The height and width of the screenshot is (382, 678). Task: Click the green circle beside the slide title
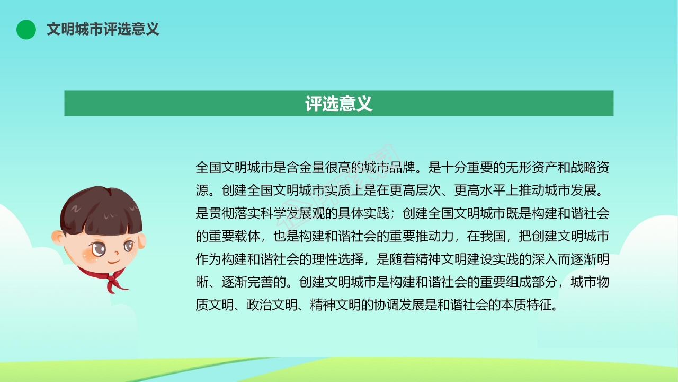[x=26, y=29]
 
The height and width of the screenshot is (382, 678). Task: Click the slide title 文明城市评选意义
[x=103, y=29]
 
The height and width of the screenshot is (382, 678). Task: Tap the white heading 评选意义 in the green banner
[x=338, y=103]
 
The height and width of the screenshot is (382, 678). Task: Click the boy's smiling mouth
[x=114, y=261]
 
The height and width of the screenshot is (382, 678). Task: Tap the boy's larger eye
[x=99, y=249]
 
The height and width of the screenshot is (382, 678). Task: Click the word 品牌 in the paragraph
[x=403, y=168]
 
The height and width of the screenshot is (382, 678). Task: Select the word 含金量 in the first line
[x=305, y=168]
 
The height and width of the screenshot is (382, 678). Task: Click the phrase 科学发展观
[x=293, y=213]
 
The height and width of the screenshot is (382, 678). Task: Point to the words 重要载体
[x=235, y=236]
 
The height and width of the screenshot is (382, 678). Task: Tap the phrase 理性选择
[x=338, y=259]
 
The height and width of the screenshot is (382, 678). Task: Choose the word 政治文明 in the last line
[x=272, y=305]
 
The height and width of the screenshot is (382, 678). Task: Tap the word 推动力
[x=435, y=236]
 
